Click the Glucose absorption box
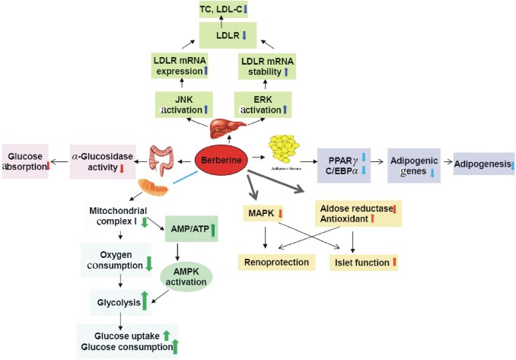click(x=25, y=161)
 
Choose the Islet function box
click(x=365, y=263)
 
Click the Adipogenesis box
click(x=484, y=163)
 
